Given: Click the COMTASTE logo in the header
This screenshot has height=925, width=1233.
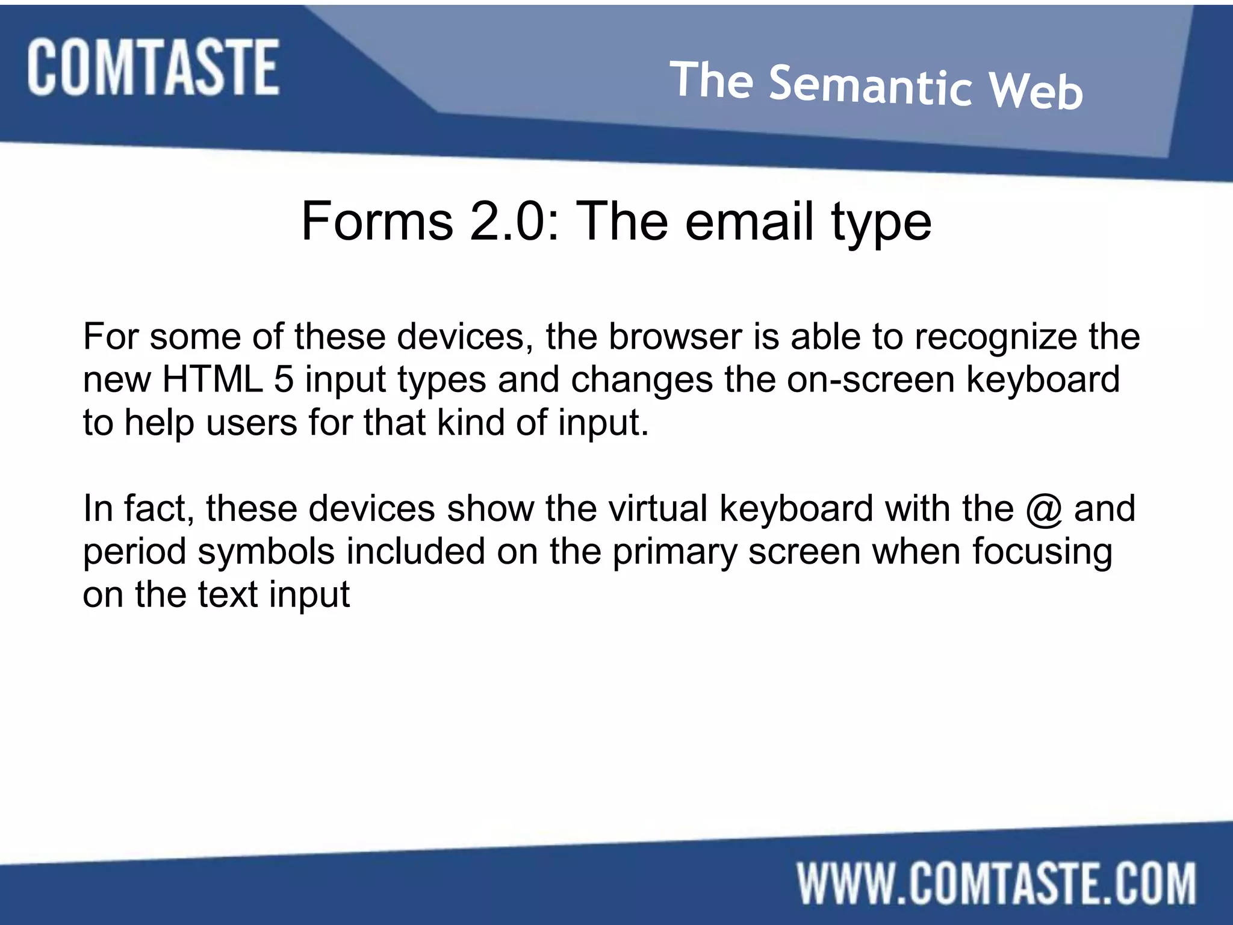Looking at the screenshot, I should coord(153,67).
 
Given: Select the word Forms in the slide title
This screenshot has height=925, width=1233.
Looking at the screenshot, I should coord(377,222).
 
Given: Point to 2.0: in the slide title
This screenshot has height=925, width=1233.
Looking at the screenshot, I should coord(515,222).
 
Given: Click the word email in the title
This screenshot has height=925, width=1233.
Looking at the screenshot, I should coord(750,222).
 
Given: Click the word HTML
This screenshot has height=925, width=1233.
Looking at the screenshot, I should coord(213,379).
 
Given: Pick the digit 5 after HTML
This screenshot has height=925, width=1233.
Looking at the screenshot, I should coord(284,379).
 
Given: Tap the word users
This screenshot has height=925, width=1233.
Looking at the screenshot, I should coord(252,423).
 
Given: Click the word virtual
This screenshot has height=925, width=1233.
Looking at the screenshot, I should coord(657,508).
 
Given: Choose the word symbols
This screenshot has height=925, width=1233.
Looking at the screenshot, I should coord(266,552).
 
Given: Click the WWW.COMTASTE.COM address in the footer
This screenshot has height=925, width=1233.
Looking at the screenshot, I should coord(996,883).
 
